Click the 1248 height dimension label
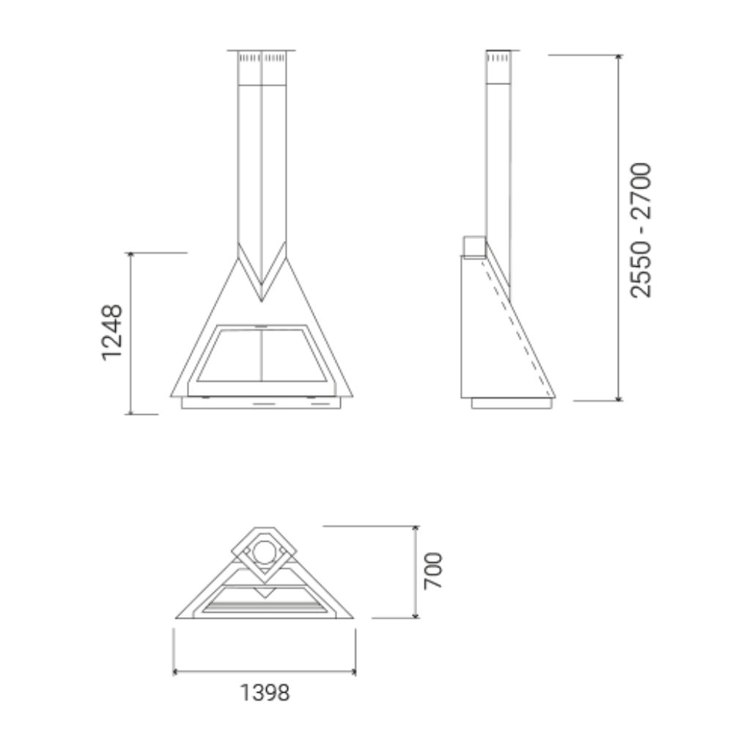pyautogui.click(x=112, y=332)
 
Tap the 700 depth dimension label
pyautogui.click(x=434, y=571)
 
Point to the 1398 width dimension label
pyautogui.click(x=265, y=692)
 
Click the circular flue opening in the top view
pyautogui.click(x=264, y=551)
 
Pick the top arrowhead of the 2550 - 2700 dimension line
pyautogui.click(x=619, y=57)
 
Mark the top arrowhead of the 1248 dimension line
pyautogui.click(x=130, y=255)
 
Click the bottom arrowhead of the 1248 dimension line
pyautogui.click(x=130, y=412)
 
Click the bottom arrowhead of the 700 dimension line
pyautogui.click(x=416, y=616)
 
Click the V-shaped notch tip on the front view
pyautogui.click(x=262, y=299)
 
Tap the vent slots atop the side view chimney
pyautogui.click(x=498, y=56)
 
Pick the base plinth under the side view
pyautogui.click(x=511, y=403)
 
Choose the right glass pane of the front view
pyautogui.click(x=292, y=356)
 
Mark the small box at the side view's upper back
pyautogui.click(x=474, y=246)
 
